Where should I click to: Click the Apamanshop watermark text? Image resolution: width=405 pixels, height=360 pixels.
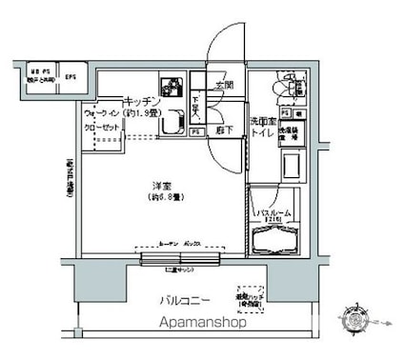click(199, 326)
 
